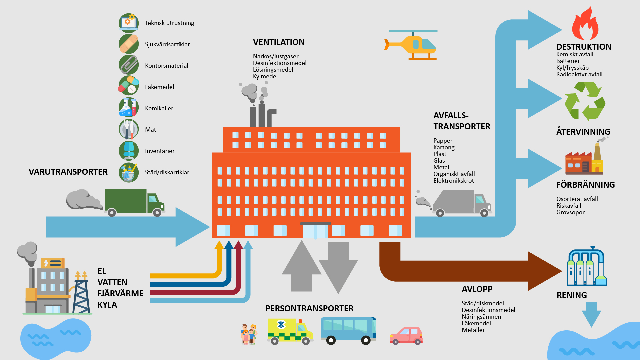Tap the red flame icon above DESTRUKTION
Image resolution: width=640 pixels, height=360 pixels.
pos(585,24)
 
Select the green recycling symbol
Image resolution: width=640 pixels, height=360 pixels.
pos(585,102)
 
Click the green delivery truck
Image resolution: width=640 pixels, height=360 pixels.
pos(134,202)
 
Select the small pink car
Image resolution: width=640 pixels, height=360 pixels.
pos(406,335)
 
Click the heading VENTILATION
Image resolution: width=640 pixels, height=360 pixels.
pos(279,42)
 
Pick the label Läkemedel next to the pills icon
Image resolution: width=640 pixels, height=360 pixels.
pos(159,87)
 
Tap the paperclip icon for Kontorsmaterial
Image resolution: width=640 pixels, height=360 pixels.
pos(129,65)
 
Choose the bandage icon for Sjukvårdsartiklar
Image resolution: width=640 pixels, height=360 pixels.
pos(129,44)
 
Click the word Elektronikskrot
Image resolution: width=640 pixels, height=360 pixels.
pos(453,181)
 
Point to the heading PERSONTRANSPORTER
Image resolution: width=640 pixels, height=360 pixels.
pos(309,309)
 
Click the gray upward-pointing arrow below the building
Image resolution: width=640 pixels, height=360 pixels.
pos(301,266)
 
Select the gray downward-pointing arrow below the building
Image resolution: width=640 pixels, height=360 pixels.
pos(338,268)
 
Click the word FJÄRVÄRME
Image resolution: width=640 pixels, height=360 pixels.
pos(120,294)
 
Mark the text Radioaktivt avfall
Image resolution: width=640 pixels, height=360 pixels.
pos(579,74)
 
